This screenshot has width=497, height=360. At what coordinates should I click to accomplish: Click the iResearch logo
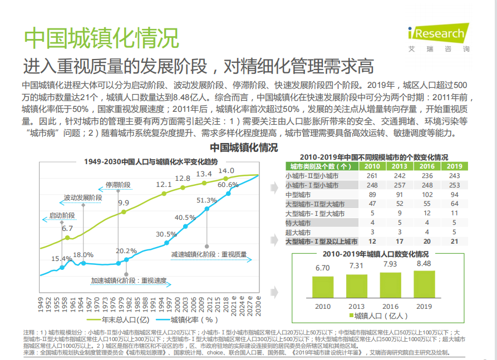pos(439,37)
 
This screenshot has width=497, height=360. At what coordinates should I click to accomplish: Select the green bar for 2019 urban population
pos(424,284)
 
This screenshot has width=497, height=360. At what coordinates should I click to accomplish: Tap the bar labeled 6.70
pos(323,287)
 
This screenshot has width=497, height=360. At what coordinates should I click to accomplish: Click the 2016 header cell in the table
pos(427,166)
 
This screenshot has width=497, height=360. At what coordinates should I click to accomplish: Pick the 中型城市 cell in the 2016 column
pos(427,195)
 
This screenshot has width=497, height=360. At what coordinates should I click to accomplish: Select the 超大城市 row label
pos(298,233)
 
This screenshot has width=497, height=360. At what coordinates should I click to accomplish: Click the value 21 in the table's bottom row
pos(454,241)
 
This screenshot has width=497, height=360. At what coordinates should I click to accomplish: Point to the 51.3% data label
pos(206,200)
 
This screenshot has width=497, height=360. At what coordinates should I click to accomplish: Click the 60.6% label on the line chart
pos(228,185)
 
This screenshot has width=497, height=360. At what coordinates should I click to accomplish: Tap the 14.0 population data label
pos(227,171)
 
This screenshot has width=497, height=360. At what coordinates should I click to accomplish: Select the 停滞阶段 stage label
pos(118,185)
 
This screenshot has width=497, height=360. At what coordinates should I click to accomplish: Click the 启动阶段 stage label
pos(62,215)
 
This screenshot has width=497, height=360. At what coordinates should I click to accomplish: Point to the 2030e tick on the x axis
pos(258,306)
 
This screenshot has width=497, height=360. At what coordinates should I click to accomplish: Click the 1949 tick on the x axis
pos(41,304)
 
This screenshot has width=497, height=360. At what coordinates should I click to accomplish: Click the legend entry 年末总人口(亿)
pos(118,320)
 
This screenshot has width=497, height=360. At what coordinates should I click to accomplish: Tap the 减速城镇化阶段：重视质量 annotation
pos(209,254)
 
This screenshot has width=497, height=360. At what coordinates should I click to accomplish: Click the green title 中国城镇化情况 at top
pos(101,38)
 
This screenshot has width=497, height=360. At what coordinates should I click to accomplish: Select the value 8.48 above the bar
pos(424,264)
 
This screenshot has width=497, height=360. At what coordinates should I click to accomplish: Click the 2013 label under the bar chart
pos(357,307)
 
